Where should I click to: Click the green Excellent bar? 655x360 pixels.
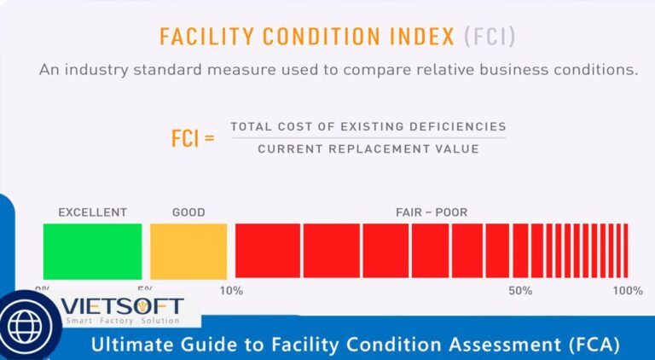point(92,251)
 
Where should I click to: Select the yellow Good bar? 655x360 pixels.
point(188,251)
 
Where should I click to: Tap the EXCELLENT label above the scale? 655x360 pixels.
point(92,212)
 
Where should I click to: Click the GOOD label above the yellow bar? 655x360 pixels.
point(188,212)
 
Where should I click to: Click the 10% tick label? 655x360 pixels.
point(231,291)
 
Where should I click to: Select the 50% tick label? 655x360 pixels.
point(520,291)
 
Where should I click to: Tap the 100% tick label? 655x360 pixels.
point(628,291)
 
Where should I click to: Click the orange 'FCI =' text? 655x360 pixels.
point(193,138)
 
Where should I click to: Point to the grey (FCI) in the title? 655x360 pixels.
point(489,38)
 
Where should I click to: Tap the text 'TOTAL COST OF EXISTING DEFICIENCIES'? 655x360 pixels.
point(368,126)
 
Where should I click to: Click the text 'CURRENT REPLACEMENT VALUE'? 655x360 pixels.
point(368,148)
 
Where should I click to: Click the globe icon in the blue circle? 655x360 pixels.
point(27,325)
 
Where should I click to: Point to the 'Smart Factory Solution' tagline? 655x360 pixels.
point(123,321)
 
